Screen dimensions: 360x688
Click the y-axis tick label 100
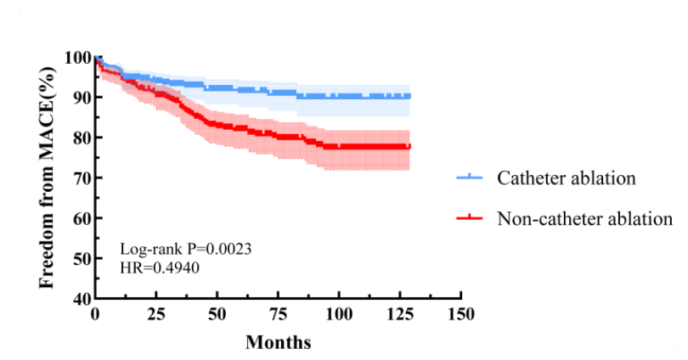click(76, 57)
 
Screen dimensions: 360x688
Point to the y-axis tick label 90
click(80, 97)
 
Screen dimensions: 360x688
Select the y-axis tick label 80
click(80, 138)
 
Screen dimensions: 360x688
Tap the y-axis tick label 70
click(80, 177)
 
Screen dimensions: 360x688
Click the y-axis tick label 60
click(80, 218)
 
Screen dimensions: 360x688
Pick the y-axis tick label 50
click(80, 258)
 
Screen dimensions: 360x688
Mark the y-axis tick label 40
click(80, 298)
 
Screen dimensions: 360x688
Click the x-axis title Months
click(278, 343)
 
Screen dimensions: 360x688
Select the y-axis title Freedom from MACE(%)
click(49, 168)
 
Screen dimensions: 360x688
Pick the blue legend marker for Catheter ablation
click(470, 178)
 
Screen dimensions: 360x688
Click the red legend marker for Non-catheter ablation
click(470, 218)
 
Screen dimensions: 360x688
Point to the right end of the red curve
click(409, 147)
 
